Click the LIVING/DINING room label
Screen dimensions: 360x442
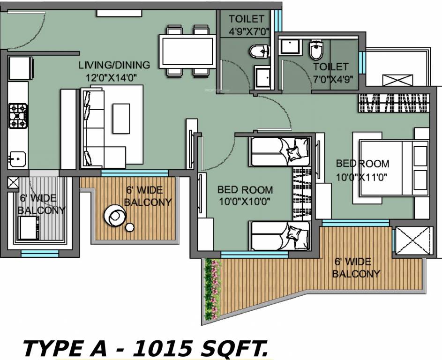point(114,65)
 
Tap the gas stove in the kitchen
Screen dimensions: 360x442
point(18,116)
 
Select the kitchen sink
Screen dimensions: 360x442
point(17,158)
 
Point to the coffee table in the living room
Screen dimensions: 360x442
point(120,119)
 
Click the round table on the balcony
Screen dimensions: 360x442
point(115,216)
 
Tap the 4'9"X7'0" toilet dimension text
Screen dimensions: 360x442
point(247,33)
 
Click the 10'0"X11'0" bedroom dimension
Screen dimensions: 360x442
point(362,178)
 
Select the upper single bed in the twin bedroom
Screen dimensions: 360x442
point(280,151)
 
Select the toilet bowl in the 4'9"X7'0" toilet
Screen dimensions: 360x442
point(259,51)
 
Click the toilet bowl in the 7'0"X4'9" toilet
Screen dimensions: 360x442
point(315,50)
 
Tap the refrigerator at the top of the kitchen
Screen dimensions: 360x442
point(21,68)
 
